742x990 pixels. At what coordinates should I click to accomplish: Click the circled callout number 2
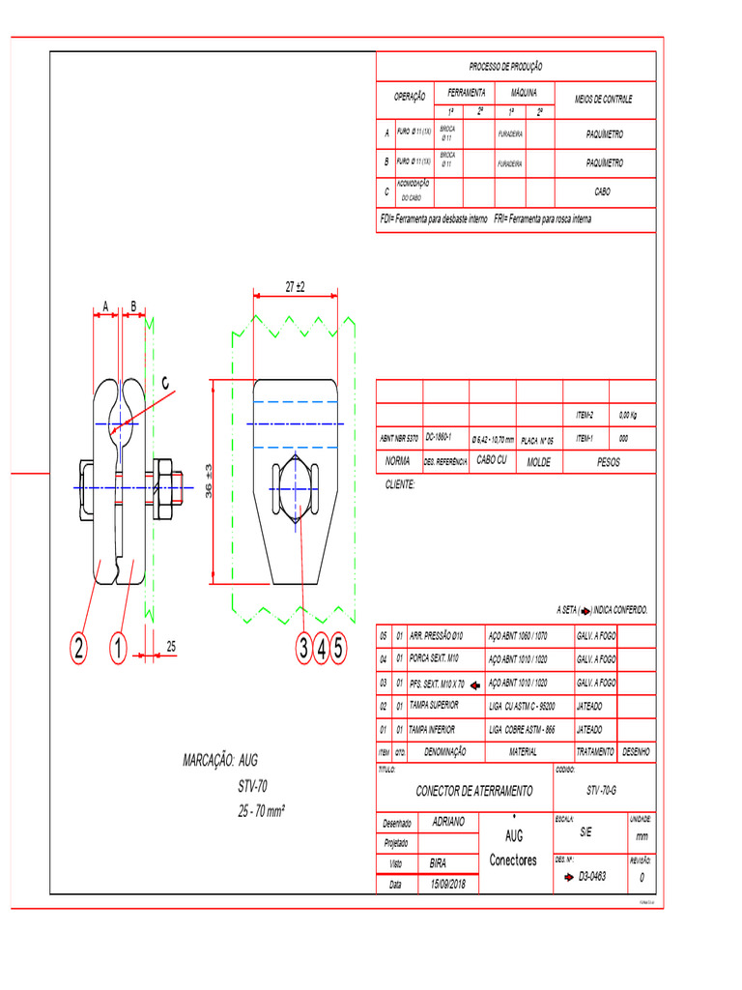coord(77,648)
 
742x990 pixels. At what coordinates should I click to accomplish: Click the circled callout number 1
coord(117,648)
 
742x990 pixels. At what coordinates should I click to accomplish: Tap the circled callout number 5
coord(338,648)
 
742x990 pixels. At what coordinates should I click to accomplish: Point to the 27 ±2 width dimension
coord(295,287)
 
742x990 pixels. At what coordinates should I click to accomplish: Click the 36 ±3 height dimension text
coord(209,480)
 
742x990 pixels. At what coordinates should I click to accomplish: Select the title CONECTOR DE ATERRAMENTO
coord(473,791)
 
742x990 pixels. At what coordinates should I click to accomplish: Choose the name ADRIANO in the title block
coord(447,822)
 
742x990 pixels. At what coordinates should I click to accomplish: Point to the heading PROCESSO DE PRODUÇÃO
coord(505,67)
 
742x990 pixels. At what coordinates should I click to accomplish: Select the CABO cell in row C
coord(602,192)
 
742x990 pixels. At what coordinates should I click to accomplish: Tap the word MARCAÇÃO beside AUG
coord(207,760)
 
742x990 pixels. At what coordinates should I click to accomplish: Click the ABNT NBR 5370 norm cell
coord(398,439)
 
